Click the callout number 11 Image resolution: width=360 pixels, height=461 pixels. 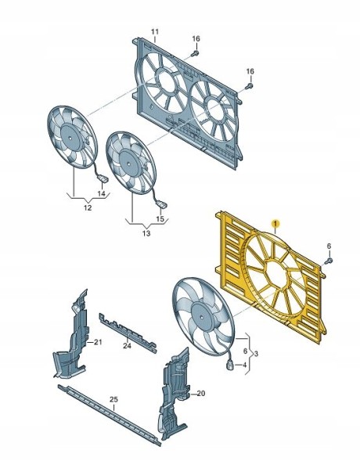pos(155,32)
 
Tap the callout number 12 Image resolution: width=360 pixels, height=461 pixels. pos(88,208)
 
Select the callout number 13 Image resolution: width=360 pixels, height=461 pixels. pos(146,233)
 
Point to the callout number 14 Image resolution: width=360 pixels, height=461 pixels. pos(101,193)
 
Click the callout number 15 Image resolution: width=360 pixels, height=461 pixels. pos(160,219)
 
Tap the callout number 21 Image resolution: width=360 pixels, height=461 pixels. pos(98,342)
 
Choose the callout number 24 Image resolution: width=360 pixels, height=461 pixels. pos(127,346)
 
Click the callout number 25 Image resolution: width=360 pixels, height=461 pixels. pos(113,399)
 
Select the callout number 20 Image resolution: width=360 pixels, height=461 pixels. pos(200,394)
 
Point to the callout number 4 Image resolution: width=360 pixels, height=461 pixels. pos(244,366)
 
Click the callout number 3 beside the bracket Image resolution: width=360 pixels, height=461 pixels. pos(256,354)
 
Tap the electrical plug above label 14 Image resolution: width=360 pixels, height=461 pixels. pos(103,178)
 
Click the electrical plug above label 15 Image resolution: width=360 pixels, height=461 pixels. pos(161,203)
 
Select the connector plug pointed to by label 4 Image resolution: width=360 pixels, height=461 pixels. pos(230,366)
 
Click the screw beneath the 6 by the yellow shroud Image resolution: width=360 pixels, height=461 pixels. pos(329,261)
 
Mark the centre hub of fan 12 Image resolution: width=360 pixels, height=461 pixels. pos(70,138)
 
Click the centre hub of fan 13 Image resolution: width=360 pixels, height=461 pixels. pos(128,164)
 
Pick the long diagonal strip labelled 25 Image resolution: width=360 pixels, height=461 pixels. pos(110,415)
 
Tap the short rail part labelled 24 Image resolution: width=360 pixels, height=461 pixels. pos(128,333)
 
